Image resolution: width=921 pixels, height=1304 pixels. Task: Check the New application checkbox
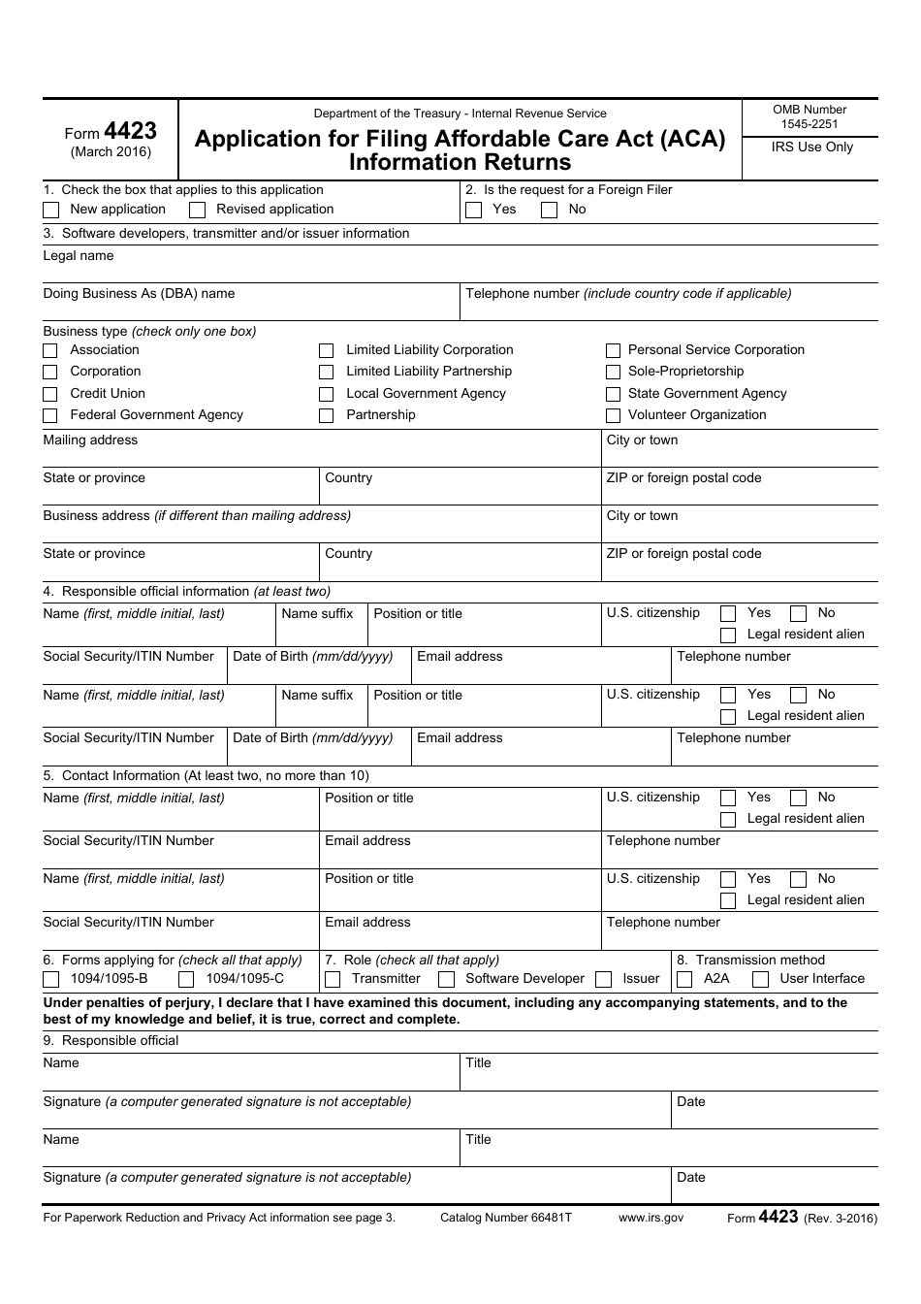pyautogui.click(x=51, y=210)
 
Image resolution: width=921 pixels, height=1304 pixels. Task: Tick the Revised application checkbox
pyautogui.click(x=197, y=210)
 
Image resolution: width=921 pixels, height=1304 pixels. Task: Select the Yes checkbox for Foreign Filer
pyautogui.click(x=473, y=210)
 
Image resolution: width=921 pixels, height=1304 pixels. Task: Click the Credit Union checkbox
pyautogui.click(x=50, y=394)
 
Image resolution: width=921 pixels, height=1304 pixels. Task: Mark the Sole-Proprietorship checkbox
pyautogui.click(x=613, y=372)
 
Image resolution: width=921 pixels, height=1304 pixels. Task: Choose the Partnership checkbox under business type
pyautogui.click(x=327, y=415)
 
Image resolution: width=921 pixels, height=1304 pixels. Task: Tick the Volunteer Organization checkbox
pyautogui.click(x=613, y=415)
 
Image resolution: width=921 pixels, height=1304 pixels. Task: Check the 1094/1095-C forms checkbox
pyautogui.click(x=186, y=979)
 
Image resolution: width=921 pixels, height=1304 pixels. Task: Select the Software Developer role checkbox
pyautogui.click(x=446, y=979)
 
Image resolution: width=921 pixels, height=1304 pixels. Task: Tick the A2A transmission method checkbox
pyautogui.click(x=684, y=979)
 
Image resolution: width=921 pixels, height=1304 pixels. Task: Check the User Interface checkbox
pyautogui.click(x=761, y=979)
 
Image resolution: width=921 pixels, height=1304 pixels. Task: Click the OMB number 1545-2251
pyautogui.click(x=810, y=124)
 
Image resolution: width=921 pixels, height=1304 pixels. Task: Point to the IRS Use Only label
pyautogui.click(x=811, y=147)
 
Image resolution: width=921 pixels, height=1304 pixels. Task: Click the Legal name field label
pyautogui.click(x=79, y=256)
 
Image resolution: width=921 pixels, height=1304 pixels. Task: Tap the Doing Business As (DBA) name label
pyautogui.click(x=139, y=294)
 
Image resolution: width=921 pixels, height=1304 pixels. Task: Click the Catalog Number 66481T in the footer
pyautogui.click(x=506, y=1218)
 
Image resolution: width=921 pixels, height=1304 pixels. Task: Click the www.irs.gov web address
pyautogui.click(x=651, y=1218)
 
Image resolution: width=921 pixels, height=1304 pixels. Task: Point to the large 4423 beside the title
pyautogui.click(x=130, y=132)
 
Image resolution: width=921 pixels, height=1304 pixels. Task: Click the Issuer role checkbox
pyautogui.click(x=603, y=979)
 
